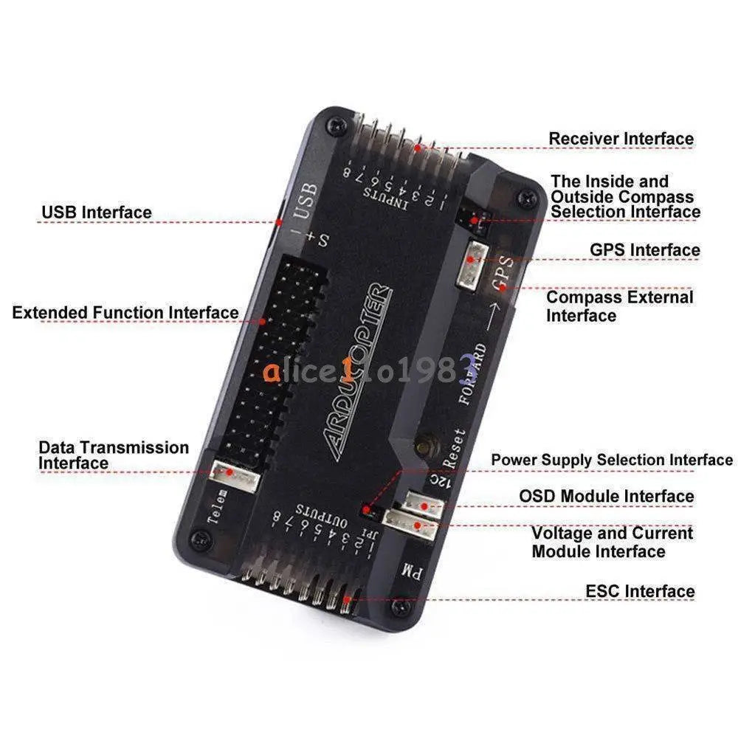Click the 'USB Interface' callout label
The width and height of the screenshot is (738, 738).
97,213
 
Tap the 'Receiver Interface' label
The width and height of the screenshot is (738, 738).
621,139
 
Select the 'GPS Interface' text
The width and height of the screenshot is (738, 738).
644,250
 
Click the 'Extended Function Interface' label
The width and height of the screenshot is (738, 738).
125,312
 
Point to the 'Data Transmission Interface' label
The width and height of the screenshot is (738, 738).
113,455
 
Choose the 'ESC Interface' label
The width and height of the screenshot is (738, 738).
640,591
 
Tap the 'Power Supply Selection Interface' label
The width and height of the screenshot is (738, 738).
612,460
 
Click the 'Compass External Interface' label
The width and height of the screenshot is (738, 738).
619,306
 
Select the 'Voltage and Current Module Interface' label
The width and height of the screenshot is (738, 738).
612,542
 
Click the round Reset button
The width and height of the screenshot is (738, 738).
424,446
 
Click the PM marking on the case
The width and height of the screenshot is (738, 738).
410,569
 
